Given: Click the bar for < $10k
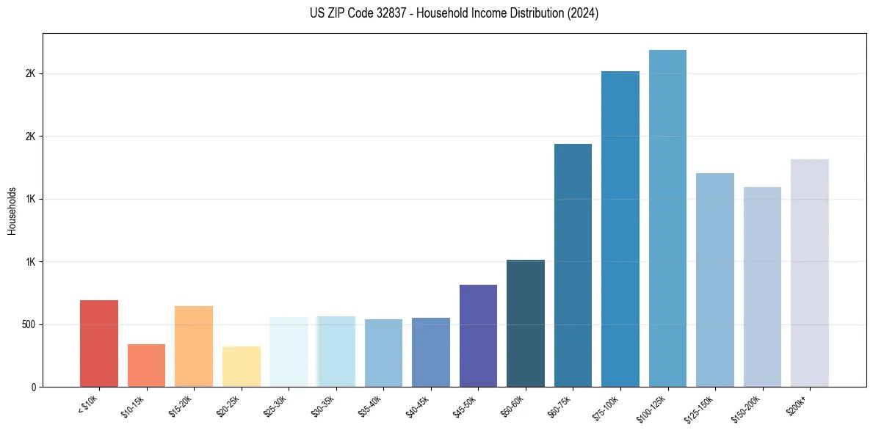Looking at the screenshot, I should [99, 343].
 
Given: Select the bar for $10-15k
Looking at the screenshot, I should [146, 365].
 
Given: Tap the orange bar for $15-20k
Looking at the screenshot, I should [194, 346].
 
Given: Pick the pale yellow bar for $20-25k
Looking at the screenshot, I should [242, 367].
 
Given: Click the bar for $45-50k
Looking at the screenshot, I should [478, 335].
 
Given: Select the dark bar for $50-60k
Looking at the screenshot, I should [526, 323].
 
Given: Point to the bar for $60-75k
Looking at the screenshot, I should [573, 265].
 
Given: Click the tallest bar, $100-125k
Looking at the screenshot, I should [667, 218].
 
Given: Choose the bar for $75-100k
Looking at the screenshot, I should [620, 229].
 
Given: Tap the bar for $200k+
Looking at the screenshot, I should [810, 273].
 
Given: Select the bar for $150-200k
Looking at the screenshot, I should [762, 287].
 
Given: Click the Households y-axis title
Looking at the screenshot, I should [12, 210].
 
